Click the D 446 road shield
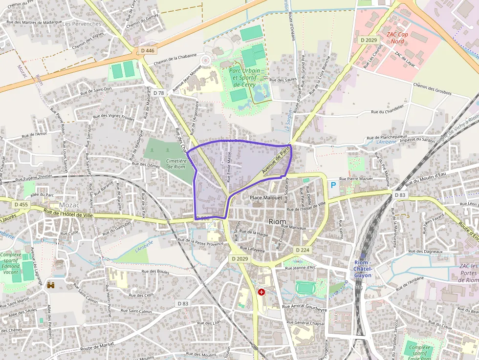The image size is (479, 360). pos(147,50)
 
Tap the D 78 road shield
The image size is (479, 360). pos(158,93)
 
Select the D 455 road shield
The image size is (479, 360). pos(21,205)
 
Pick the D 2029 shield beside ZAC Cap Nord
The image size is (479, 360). pos(369,40)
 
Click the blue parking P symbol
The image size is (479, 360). pos(333,185)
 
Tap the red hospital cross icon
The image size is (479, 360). pos(261,292)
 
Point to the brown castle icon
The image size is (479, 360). pos(50,284)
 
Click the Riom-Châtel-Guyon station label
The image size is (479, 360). pos(363,269)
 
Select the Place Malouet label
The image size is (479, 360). pos(266,198)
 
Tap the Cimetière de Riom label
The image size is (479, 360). pos(175,163)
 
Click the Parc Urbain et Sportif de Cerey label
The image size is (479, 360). pos(245,77)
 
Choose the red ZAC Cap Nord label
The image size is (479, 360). pos(397,38)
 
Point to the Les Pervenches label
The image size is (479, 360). pos(82,23)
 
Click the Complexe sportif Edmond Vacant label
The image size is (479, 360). pos(11,263)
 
